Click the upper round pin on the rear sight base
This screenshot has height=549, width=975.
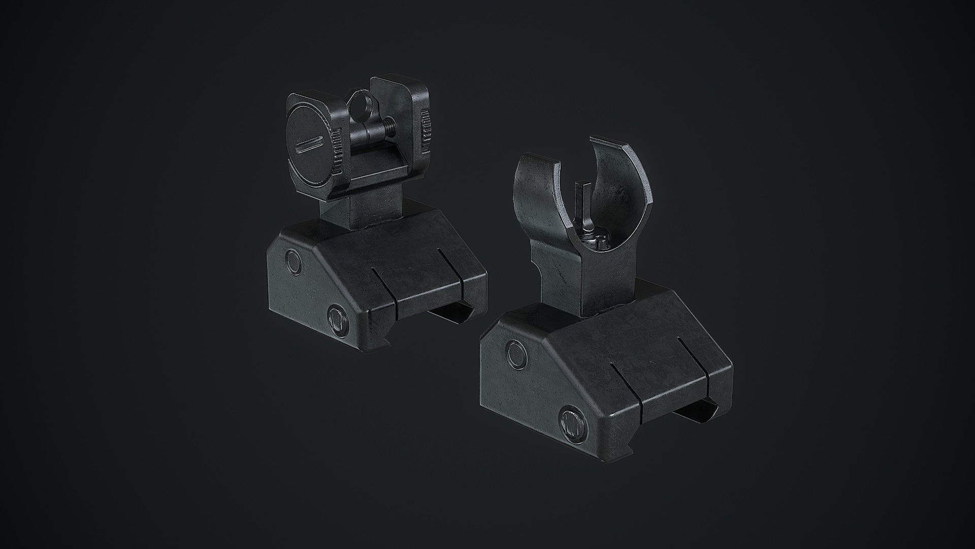click(x=294, y=263)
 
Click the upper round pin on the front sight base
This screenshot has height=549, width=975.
click(x=516, y=353)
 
